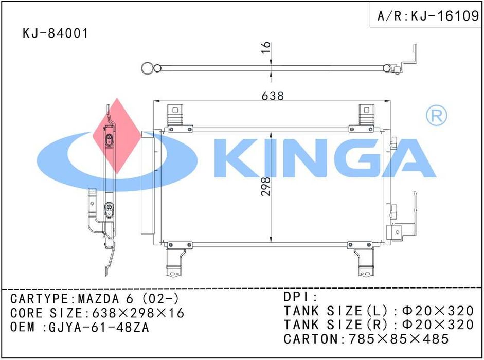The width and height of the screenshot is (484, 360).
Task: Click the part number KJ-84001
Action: [55, 33]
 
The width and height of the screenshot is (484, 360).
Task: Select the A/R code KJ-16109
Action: [445, 15]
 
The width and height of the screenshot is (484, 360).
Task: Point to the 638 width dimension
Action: [273, 96]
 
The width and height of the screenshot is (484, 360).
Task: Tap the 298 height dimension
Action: [265, 186]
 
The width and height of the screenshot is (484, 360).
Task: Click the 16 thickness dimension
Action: [265, 47]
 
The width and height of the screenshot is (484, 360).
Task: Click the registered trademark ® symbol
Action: [436, 115]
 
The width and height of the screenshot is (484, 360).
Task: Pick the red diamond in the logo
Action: [116, 136]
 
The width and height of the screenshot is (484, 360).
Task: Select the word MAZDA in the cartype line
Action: [98, 299]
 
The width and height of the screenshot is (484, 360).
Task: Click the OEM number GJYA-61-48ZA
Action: [99, 327]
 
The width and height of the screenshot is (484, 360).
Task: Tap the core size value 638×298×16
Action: [138, 313]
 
